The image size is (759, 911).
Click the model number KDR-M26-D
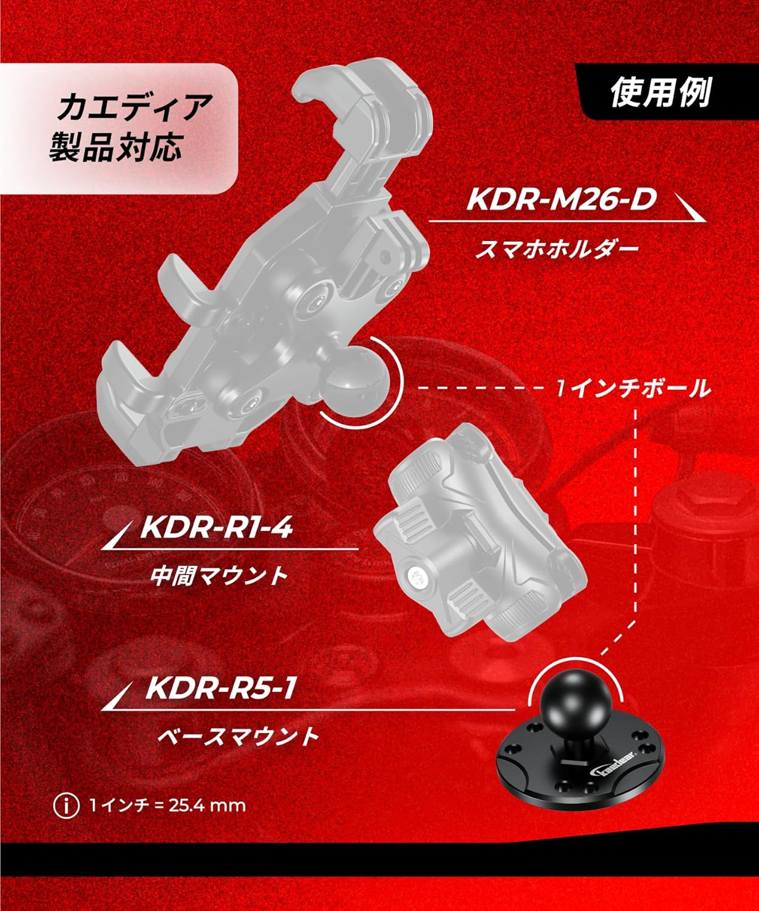pyautogui.click(x=562, y=200)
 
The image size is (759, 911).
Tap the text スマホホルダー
pyautogui.click(x=557, y=249)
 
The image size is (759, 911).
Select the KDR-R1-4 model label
pyautogui.click(x=216, y=528)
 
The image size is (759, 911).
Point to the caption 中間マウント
pyautogui.click(x=219, y=576)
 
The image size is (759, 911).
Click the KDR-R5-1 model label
pyautogui.click(x=221, y=688)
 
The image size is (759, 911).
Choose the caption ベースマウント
pyautogui.click(x=237, y=737)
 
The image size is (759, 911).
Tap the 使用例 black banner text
pyautogui.click(x=660, y=92)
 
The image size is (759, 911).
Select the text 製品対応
pyautogui.click(x=115, y=146)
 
